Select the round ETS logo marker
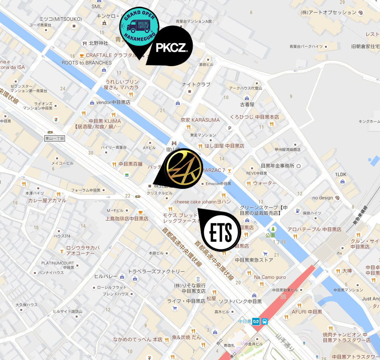222,232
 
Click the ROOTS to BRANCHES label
86,63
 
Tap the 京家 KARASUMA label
200,120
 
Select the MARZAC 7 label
213,170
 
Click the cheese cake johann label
202,202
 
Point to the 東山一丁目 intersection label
55,139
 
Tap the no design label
322,198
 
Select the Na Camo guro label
270,277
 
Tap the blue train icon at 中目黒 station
265,321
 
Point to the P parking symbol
230,129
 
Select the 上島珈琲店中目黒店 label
127,218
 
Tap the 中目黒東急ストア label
254,260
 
